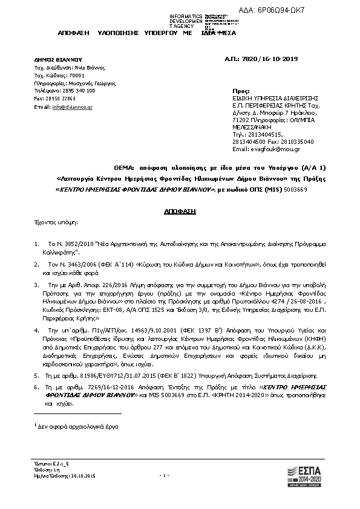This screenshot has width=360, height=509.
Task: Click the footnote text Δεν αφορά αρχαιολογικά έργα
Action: coord(78,427)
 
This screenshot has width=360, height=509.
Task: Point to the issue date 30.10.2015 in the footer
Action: coord(81,477)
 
